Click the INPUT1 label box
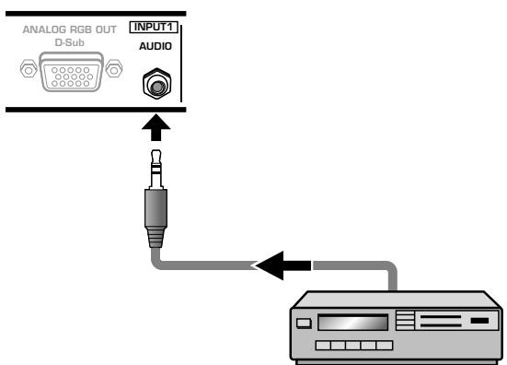[x=154, y=28]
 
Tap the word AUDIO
[x=156, y=46]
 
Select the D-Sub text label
[x=70, y=42]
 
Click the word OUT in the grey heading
[x=106, y=29]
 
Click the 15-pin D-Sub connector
[x=71, y=72]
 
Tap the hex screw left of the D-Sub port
[x=29, y=68]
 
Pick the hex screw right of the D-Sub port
[x=114, y=68]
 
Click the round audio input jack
[x=156, y=84]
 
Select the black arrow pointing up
[x=156, y=127]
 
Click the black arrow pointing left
[x=284, y=265]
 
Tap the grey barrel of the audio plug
[x=156, y=208]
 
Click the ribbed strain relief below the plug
[x=156, y=238]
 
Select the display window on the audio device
[x=352, y=323]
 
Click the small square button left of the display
[x=304, y=323]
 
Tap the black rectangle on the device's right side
[x=479, y=321]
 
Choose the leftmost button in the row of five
[x=323, y=346]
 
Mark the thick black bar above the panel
[x=96, y=14]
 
